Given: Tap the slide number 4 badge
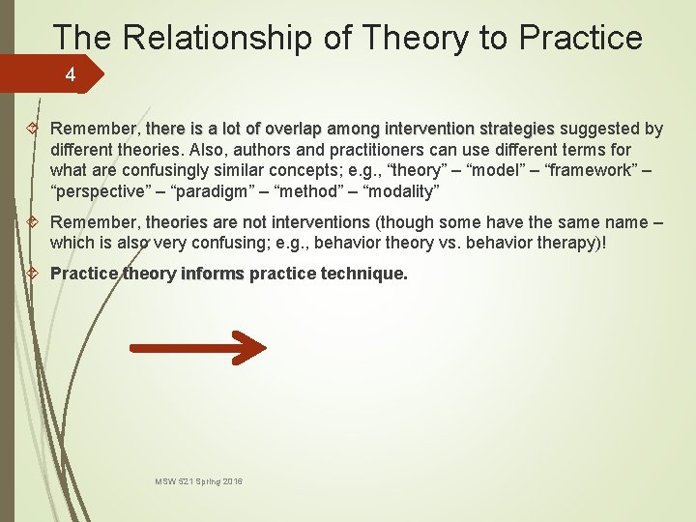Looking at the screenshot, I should [x=70, y=73].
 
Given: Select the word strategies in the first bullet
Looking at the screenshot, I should [x=516, y=129].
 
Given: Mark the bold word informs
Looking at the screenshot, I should [x=213, y=274].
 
